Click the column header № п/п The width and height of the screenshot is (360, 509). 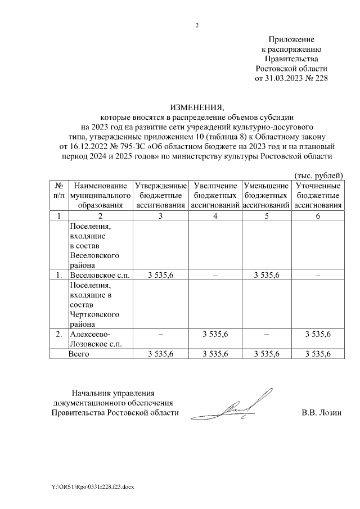(58, 190)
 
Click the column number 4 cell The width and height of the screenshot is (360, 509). (215, 216)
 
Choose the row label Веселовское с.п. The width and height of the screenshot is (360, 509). (99, 275)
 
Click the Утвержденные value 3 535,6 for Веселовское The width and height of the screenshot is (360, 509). (160, 275)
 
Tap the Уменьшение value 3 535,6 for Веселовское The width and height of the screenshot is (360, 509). (266, 275)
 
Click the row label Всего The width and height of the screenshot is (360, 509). (79, 354)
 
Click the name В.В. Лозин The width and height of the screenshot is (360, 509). (321, 413)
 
